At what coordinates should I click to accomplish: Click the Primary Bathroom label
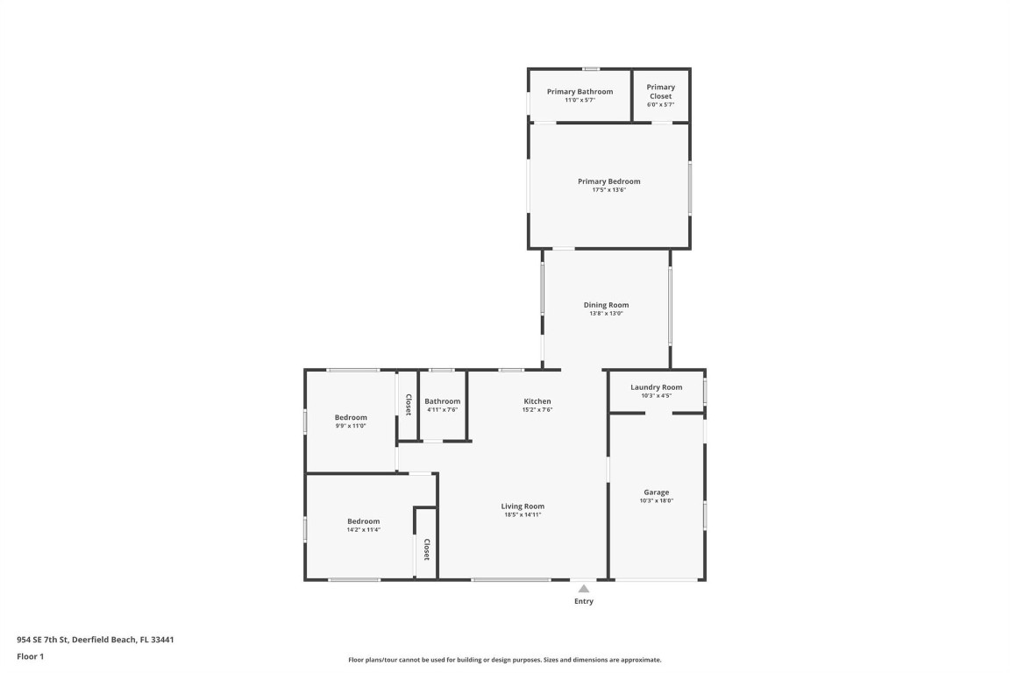click(580, 91)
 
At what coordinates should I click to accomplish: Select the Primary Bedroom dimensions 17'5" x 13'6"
click(608, 190)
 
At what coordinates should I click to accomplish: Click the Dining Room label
click(606, 305)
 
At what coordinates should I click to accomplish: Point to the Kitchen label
click(537, 400)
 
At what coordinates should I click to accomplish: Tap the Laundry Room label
click(656, 386)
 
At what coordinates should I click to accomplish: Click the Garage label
click(656, 492)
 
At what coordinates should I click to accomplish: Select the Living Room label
click(523, 506)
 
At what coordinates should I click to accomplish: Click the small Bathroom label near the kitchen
click(442, 401)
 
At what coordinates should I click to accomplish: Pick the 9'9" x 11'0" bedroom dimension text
click(351, 426)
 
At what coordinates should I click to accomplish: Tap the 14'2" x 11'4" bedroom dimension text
click(363, 529)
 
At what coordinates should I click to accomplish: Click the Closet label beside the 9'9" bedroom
click(409, 404)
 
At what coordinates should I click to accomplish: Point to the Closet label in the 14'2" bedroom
click(427, 550)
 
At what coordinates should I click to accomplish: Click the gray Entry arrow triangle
click(583, 589)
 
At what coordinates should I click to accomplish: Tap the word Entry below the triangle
click(583, 601)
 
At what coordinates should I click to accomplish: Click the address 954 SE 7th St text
click(95, 640)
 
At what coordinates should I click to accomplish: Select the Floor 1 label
click(30, 656)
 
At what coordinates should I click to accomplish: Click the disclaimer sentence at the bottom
click(504, 660)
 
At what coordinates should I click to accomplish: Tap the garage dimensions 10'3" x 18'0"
click(656, 500)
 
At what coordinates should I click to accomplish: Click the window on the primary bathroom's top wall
click(592, 69)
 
